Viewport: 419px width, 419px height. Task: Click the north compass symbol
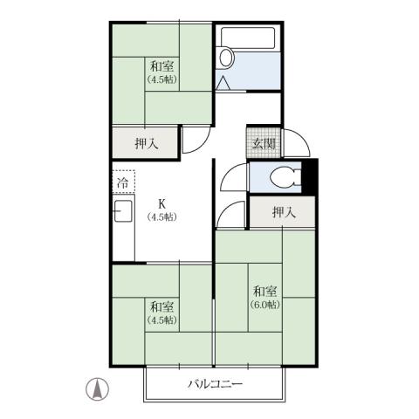tap(99, 388)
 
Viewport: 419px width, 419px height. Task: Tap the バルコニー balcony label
tap(215, 385)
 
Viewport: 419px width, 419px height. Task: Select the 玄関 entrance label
tap(264, 144)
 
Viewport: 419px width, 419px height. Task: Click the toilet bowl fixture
tap(282, 177)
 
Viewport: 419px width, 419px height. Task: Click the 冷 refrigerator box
tap(123, 184)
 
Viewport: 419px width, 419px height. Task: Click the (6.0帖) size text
tap(265, 305)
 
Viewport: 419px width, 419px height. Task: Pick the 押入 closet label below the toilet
tap(282, 211)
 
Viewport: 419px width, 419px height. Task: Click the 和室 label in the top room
tap(160, 65)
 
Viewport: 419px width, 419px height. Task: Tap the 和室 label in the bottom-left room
tap(161, 306)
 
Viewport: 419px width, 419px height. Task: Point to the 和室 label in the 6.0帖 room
tap(265, 291)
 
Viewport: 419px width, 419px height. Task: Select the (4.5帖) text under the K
tap(162, 216)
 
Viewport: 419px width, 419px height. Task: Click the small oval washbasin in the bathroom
tap(227, 59)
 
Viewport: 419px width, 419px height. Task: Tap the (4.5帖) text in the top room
tap(160, 79)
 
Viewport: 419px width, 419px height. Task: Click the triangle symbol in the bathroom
tap(223, 84)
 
